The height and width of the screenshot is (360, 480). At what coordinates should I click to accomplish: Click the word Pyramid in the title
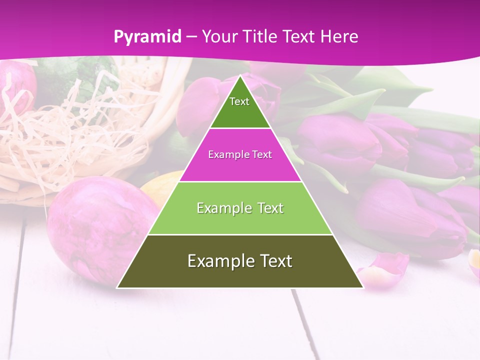tap(147, 37)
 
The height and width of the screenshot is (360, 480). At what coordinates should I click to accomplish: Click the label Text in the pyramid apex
tap(239, 101)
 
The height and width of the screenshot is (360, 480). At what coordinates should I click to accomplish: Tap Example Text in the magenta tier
tap(240, 154)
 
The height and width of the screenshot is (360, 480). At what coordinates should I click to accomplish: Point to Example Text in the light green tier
tap(240, 208)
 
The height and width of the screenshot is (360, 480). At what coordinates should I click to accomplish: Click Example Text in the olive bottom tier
tap(240, 261)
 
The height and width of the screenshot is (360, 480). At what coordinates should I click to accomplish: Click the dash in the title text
tap(192, 37)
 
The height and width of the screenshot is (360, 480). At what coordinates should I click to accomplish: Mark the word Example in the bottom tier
tap(215, 261)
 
